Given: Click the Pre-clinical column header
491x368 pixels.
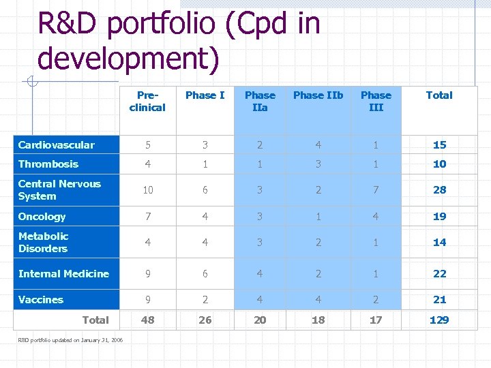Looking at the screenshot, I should [147, 102].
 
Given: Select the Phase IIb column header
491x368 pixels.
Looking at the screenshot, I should [318, 95].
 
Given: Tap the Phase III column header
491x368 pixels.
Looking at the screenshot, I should [376, 102].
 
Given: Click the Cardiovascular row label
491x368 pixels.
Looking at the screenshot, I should [57, 144].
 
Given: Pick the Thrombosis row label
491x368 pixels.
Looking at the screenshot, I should [48, 164].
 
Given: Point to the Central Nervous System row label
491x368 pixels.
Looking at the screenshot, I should [59, 190].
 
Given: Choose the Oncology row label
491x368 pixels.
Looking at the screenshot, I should [42, 217].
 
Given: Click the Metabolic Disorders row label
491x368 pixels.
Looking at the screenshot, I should [44, 243].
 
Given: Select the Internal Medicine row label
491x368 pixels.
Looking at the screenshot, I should [63, 274].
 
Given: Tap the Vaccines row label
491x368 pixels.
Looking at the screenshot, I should [41, 300].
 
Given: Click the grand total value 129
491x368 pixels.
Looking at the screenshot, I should [439, 320].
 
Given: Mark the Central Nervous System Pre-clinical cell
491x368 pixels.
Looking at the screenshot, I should [147, 190].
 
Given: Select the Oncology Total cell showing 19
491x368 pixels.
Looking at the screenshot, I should [439, 217].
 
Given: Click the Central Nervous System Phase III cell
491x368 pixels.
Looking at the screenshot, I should [376, 190].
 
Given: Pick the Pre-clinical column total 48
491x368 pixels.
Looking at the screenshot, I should [147, 320].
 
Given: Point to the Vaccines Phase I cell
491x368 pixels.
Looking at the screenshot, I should [205, 300].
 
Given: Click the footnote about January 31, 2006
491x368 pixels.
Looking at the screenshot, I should [70, 339].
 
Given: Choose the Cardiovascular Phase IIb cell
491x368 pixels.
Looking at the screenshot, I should [318, 144].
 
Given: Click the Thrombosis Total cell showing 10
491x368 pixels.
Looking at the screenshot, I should [439, 164].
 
